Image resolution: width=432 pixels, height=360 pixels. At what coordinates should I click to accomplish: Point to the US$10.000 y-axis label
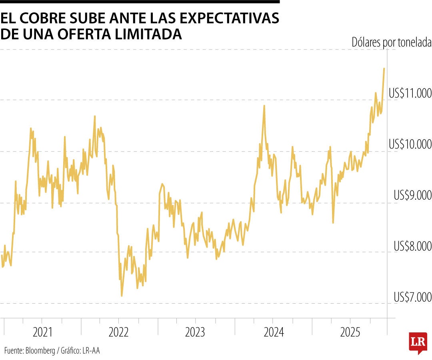410,145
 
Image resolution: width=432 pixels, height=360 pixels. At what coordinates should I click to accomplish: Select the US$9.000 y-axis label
412,196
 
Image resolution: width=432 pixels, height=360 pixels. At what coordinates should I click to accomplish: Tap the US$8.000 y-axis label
412,246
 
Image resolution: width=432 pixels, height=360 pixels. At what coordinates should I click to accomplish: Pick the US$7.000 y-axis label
412,297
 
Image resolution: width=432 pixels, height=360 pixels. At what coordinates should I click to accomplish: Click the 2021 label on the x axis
42,332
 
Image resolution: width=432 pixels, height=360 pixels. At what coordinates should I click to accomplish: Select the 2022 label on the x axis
119,332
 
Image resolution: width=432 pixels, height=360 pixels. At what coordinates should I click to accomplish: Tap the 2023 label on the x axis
196,332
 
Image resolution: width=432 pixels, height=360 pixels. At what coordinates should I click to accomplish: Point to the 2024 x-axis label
273,332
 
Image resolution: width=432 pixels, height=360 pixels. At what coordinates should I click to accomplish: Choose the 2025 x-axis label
350,332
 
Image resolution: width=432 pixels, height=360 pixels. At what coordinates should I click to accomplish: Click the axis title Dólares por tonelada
391,42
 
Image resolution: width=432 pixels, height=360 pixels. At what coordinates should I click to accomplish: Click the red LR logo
417,342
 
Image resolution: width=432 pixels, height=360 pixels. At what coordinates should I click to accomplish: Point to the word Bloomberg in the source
41,351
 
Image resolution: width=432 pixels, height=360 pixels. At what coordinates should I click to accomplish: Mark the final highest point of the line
384,69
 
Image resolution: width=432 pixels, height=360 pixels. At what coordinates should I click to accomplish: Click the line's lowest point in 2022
122,296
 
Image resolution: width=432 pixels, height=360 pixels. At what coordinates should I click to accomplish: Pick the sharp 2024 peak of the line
264,106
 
